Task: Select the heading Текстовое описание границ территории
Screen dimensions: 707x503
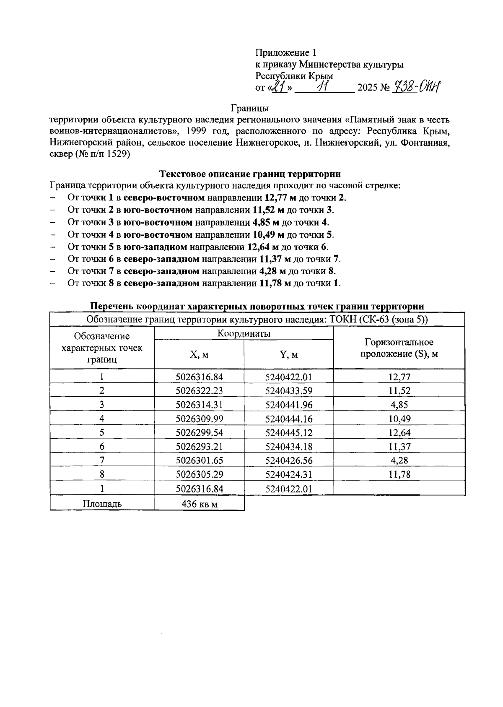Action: (x=250, y=174)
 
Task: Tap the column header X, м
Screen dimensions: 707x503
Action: (x=199, y=355)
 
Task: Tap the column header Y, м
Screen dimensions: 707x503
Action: (x=289, y=355)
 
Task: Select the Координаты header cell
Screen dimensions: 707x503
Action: (x=244, y=333)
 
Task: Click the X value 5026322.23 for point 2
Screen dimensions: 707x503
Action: (x=199, y=391)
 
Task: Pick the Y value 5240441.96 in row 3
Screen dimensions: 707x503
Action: (x=289, y=405)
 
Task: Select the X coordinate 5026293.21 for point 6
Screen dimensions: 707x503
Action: (x=199, y=447)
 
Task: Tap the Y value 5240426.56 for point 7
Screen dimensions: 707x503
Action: (x=289, y=460)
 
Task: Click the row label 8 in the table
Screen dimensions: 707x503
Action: (x=102, y=474)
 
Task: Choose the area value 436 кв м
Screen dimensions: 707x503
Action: (x=199, y=504)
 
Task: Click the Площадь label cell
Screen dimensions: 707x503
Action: (x=102, y=504)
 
